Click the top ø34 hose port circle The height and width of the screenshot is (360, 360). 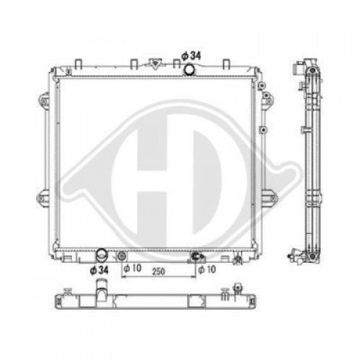[189, 69]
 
